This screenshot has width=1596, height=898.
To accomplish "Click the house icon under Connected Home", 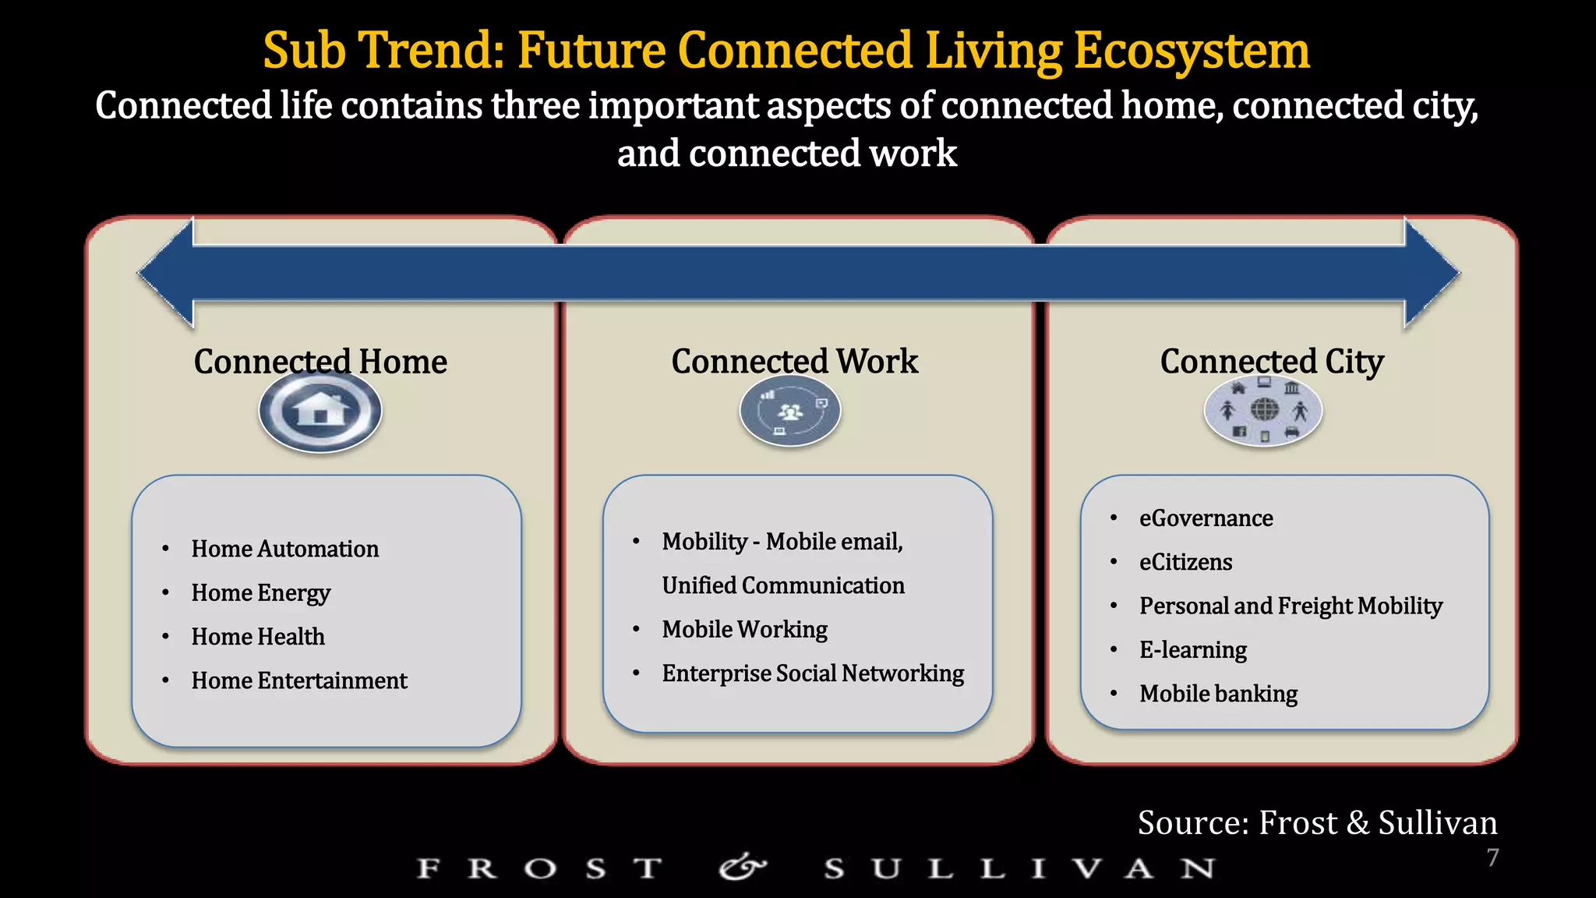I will point(320,410).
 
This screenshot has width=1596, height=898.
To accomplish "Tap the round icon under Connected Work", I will point(790,411).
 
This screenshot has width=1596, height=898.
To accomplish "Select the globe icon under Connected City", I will point(1264,409).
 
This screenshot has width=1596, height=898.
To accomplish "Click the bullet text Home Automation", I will point(285,549).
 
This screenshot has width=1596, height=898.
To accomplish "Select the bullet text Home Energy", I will point(261,593).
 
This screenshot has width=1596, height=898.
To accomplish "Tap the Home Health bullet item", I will point(258,637).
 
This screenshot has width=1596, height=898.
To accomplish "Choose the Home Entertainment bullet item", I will point(299,681).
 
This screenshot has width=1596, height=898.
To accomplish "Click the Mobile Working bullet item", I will point(744,629).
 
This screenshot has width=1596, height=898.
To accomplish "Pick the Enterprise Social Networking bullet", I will point(813,673).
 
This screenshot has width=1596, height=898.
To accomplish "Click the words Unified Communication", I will point(783,585).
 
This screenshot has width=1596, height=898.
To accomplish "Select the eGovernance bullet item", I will point(1206,518).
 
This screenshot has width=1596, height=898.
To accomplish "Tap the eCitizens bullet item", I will point(1185,562).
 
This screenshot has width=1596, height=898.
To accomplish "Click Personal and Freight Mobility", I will point(1291,606).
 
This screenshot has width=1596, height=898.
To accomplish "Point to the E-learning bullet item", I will point(1192,650).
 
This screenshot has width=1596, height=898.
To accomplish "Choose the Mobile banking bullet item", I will point(1218,694).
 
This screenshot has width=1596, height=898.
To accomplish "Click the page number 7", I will point(1492,857).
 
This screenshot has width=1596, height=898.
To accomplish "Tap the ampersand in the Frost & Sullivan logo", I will point(743,867).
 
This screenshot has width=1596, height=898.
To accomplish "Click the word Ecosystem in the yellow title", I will point(1192,51).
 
